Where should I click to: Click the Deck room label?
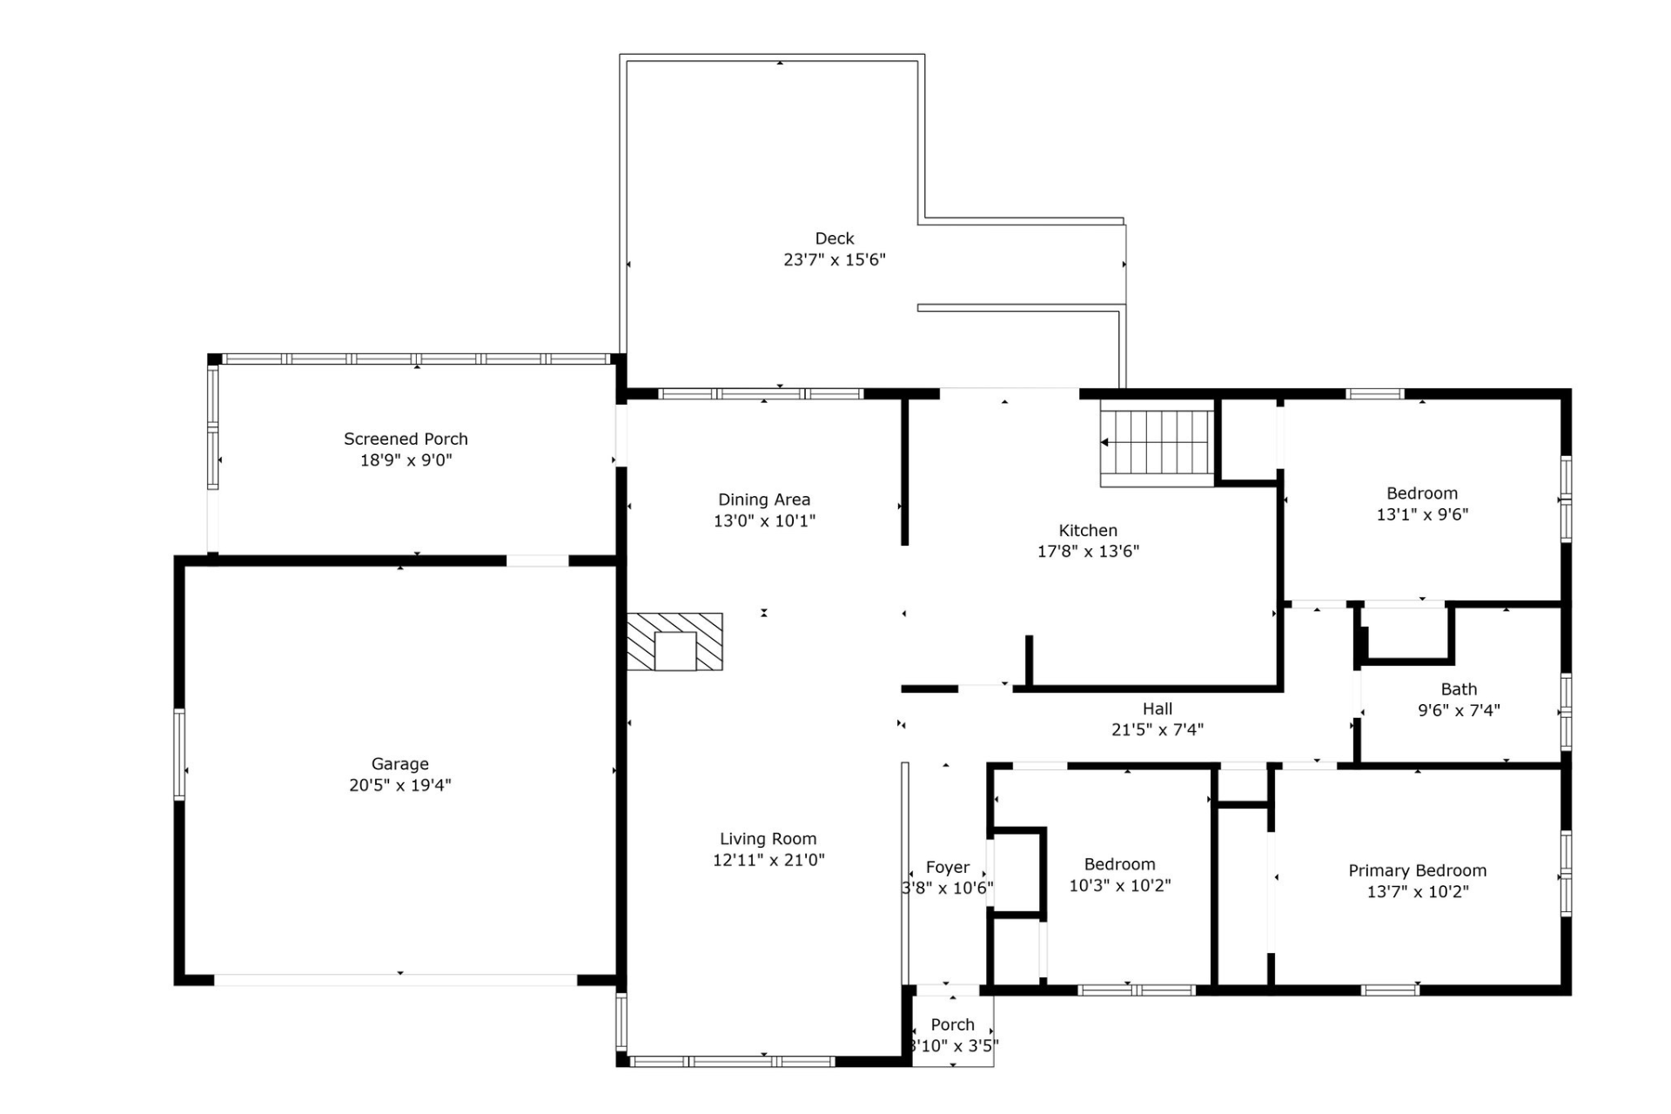(x=834, y=238)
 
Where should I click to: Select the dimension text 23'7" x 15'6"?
(x=834, y=259)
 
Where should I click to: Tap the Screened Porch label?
(x=406, y=439)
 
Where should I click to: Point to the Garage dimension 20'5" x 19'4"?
(x=399, y=785)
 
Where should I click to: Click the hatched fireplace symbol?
(x=674, y=641)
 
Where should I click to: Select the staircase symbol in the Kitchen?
(x=1157, y=442)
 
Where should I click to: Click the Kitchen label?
(x=1088, y=530)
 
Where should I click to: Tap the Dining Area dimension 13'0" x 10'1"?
(x=764, y=520)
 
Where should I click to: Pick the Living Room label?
(x=768, y=839)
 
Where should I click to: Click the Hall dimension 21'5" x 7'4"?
(x=1157, y=729)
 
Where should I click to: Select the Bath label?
(x=1459, y=689)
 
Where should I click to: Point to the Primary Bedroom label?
(x=1417, y=870)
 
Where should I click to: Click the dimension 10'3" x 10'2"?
(x=1119, y=886)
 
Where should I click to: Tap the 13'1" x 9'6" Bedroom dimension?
(x=1421, y=514)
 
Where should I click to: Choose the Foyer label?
(x=947, y=868)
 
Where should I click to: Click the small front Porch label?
(x=952, y=1024)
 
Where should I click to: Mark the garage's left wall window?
(x=179, y=754)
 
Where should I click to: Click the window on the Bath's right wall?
(x=1566, y=711)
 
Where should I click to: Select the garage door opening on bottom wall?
(x=396, y=980)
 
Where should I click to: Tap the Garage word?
(x=399, y=764)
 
